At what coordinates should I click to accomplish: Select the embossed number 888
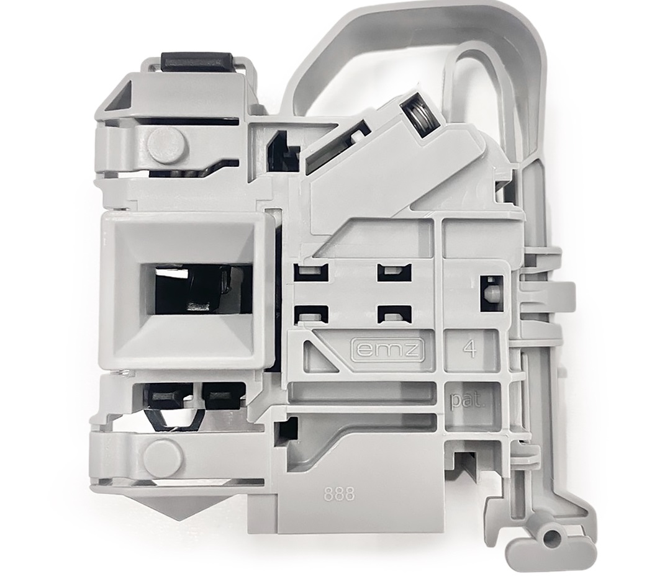click(339, 495)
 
